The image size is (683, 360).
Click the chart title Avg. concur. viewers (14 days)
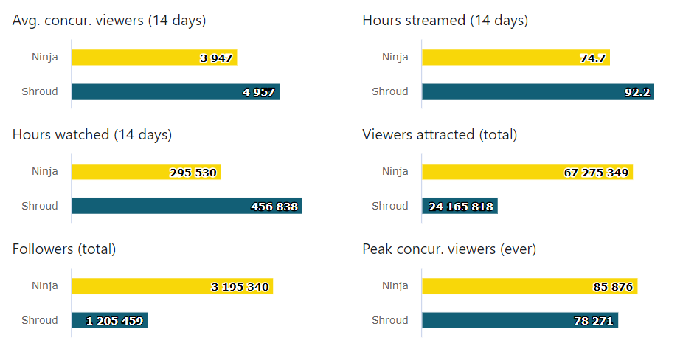(x=109, y=21)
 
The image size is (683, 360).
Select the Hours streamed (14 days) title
(x=445, y=21)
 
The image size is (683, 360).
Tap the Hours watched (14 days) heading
(x=92, y=135)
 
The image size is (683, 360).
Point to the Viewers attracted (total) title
(x=440, y=135)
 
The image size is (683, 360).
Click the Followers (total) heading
(x=64, y=249)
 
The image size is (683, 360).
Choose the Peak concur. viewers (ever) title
(x=449, y=249)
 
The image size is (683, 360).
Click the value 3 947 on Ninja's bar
(x=216, y=58)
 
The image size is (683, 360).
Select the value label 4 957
(x=259, y=92)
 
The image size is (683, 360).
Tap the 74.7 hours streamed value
(x=593, y=58)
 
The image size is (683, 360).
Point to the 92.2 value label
(x=637, y=92)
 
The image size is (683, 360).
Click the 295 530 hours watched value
(x=193, y=173)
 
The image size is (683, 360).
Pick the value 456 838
(x=274, y=207)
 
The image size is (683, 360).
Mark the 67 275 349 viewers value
(x=596, y=173)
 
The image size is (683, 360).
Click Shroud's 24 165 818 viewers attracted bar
(x=460, y=207)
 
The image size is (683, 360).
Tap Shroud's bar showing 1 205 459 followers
(x=109, y=320)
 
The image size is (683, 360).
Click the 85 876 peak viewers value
(x=613, y=287)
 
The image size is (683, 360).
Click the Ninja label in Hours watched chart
(x=44, y=172)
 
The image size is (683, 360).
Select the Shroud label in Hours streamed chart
(x=389, y=91)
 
